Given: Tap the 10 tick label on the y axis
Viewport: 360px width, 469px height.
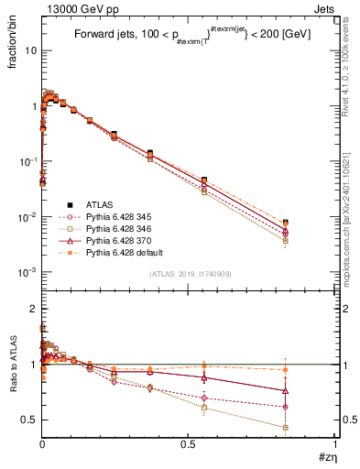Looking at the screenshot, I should pyautogui.click(x=30, y=50).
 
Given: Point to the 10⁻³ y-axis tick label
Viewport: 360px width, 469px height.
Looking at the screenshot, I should pyautogui.click(x=28, y=272).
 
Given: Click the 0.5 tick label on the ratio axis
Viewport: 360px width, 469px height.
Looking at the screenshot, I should pyautogui.click(x=30, y=420).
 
